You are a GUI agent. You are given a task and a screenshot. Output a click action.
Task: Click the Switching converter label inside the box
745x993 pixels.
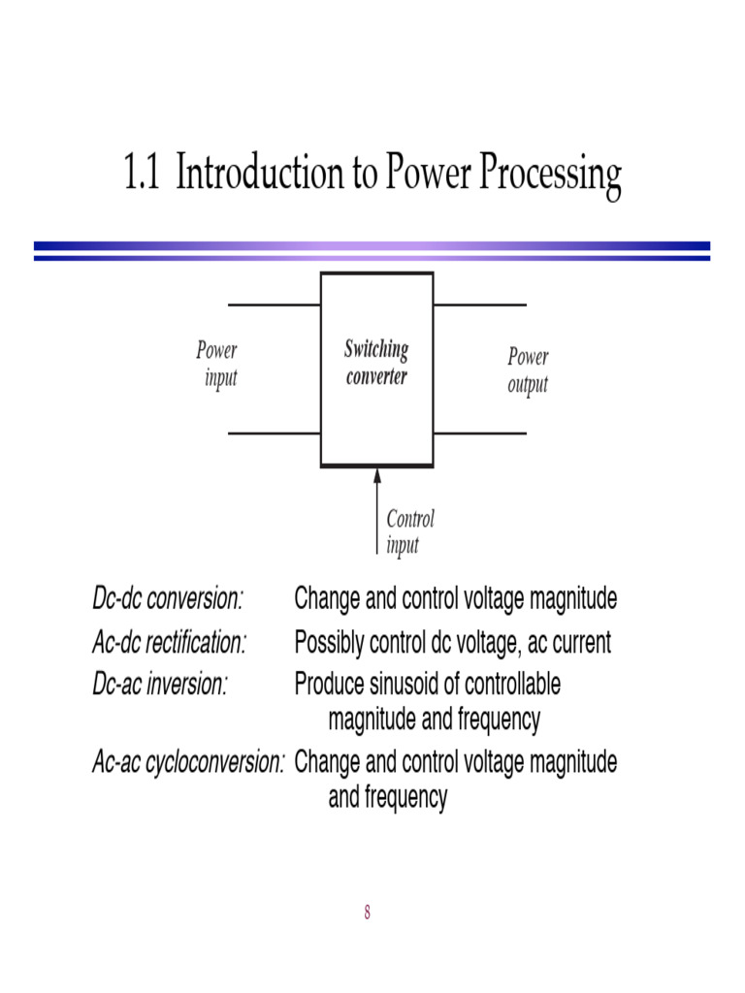pyautogui.click(x=376, y=363)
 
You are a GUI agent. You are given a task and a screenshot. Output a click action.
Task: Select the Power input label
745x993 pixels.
pyautogui.click(x=217, y=364)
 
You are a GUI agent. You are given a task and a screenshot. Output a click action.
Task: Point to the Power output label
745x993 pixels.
pyautogui.click(x=528, y=370)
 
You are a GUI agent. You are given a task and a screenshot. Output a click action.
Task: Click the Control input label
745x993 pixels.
pyautogui.click(x=410, y=531)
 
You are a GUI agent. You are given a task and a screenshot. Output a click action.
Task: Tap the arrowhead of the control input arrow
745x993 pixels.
pyautogui.click(x=377, y=476)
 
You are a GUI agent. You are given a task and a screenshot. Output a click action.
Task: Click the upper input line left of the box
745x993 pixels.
pyautogui.click(x=274, y=304)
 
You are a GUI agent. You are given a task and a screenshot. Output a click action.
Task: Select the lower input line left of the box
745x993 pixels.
pyautogui.click(x=274, y=433)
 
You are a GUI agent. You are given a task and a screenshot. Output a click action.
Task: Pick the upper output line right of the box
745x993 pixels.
pyautogui.click(x=480, y=304)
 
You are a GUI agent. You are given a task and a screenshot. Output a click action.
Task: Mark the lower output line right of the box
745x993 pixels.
pyautogui.click(x=480, y=433)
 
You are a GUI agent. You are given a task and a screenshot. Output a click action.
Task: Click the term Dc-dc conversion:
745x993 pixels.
pyautogui.click(x=168, y=599)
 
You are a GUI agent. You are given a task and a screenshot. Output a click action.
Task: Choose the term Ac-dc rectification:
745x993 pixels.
pyautogui.click(x=170, y=642)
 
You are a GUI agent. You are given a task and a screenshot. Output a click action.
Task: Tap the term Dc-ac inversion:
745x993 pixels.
pyautogui.click(x=160, y=685)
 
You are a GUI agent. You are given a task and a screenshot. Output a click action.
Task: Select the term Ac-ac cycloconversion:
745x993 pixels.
pyautogui.click(x=188, y=762)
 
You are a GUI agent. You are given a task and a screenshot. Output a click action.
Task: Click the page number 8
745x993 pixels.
pyautogui.click(x=368, y=912)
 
